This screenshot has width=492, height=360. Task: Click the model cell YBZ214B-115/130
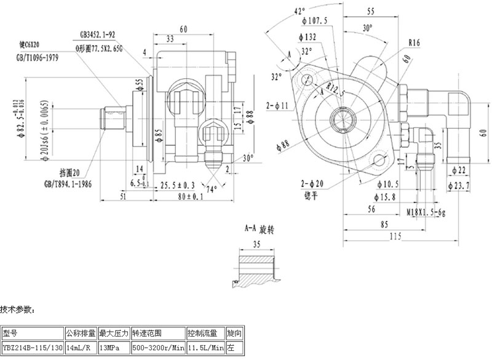click(33, 348)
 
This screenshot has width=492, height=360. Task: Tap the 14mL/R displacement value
click(81, 348)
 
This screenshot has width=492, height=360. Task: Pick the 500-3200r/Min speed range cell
click(157, 348)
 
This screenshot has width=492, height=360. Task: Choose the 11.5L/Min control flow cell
click(205, 348)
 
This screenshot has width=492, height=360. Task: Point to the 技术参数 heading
click(18, 308)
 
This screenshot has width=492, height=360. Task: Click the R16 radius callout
click(413, 43)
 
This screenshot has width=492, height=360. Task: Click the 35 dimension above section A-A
click(256, 244)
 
